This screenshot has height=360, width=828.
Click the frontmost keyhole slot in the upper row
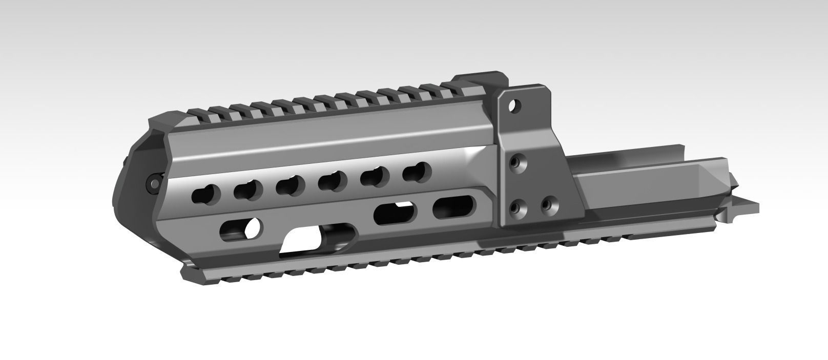pyautogui.click(x=205, y=194)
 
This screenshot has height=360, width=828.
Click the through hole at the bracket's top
pyautogui.click(x=515, y=107)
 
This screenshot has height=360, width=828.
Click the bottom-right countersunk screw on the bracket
pyautogui.click(x=548, y=204)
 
